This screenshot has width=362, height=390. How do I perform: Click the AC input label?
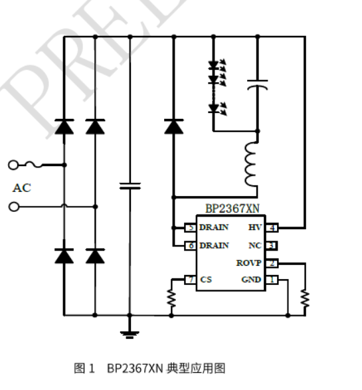21,188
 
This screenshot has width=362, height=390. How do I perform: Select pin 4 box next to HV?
272,227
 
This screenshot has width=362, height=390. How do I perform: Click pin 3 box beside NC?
272,245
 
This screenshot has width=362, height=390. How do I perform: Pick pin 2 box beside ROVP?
272,263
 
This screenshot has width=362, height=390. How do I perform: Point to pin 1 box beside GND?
272,280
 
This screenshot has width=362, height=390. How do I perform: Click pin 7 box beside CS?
191,280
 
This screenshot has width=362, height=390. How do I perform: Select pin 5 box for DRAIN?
191,227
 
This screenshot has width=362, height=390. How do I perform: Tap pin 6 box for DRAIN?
191,245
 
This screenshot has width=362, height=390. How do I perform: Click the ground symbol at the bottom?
130,333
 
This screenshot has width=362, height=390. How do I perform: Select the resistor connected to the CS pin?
171,298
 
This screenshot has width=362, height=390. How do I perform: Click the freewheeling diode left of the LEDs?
174,126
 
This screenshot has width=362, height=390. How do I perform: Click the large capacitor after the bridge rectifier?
130,185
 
